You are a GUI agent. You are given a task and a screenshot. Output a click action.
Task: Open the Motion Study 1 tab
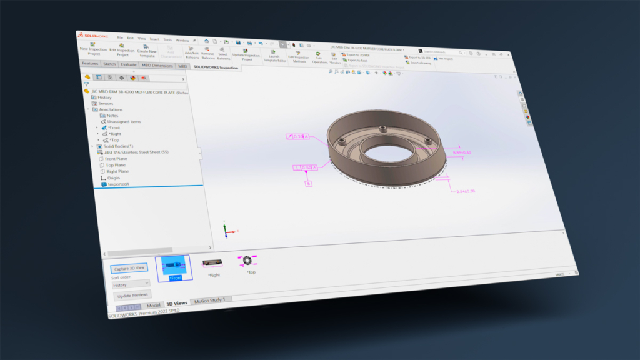pos(211,301)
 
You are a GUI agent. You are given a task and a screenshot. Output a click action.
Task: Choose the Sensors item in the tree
pos(105,103)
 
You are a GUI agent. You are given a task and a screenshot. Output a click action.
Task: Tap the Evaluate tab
pos(129,64)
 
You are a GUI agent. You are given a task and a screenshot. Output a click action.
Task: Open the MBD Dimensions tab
pos(157,65)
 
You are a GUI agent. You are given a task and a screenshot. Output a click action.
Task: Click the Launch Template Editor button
pos(274,57)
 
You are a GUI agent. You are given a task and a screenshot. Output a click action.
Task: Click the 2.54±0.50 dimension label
pos(463,191)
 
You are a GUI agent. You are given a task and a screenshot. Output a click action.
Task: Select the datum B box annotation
pos(307,183)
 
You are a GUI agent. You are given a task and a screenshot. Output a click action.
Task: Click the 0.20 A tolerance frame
pos(302,136)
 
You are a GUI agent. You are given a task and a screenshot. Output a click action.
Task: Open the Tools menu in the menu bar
pos(167,39)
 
